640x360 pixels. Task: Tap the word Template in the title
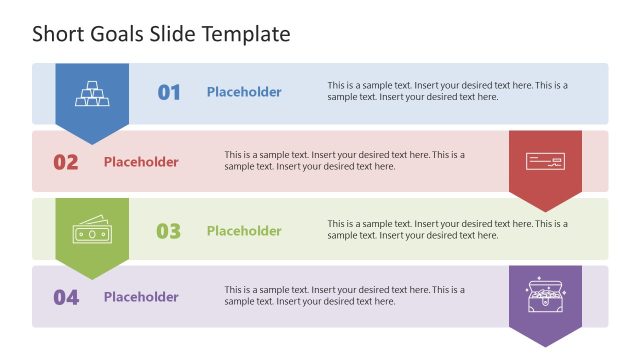coord(245,34)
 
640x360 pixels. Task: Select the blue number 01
coord(169,93)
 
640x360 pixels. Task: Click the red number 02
coord(66,162)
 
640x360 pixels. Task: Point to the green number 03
coord(168,231)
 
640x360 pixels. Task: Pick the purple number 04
coord(66,297)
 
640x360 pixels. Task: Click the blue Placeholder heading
coord(244,92)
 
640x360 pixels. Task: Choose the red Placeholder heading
coord(141,162)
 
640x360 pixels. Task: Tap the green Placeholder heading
coord(244,231)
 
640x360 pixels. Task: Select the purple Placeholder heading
coord(141,297)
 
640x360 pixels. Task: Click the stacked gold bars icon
coord(92,93)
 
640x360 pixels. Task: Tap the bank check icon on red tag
coord(545,161)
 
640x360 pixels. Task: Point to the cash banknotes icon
coord(92,231)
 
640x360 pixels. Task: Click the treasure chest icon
coord(545,297)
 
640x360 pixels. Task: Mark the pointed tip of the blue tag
coord(92,143)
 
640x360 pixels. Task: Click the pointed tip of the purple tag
coord(545,345)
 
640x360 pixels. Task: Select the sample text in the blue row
coord(447,91)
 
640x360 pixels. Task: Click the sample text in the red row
coord(345,160)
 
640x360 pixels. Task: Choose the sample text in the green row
coord(447,229)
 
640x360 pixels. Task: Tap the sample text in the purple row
coord(345,295)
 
